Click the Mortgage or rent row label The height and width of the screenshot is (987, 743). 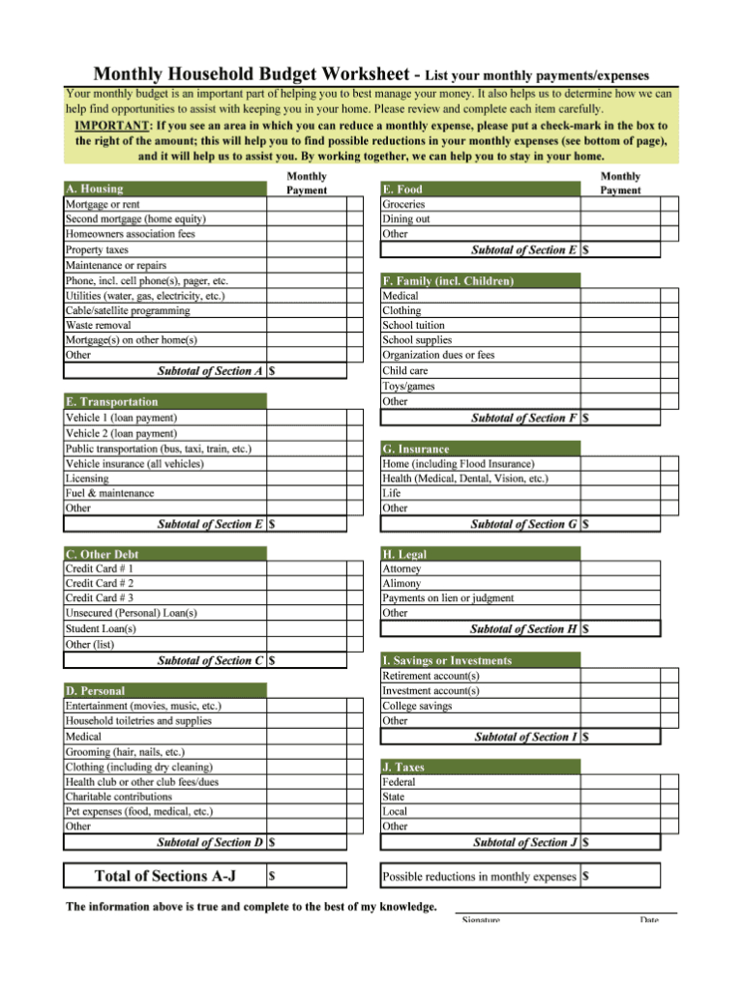pos(103,204)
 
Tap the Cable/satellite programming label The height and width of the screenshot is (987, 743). pos(128,310)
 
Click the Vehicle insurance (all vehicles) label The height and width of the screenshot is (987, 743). pos(134,463)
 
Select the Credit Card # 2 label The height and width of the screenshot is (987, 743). pos(100,583)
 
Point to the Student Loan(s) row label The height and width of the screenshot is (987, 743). pos(101,628)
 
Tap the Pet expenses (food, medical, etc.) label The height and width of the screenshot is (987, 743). pos(139,811)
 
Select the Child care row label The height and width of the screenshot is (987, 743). pos(406,370)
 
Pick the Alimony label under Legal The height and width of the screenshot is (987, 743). pos(401,583)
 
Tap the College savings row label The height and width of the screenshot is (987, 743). pos(417,706)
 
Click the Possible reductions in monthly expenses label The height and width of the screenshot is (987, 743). pos(479,877)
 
